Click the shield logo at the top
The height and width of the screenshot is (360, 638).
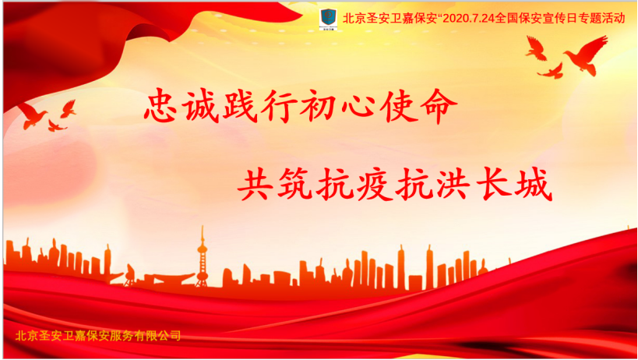(329, 17)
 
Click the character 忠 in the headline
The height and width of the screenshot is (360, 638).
(160, 106)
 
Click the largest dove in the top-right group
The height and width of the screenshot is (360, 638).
(586, 55)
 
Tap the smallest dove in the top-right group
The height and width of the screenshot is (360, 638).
(551, 71)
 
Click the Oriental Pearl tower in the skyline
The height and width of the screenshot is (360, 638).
(202, 257)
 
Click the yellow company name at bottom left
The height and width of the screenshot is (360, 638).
(98, 336)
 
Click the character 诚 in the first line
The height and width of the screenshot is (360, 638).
(199, 106)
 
